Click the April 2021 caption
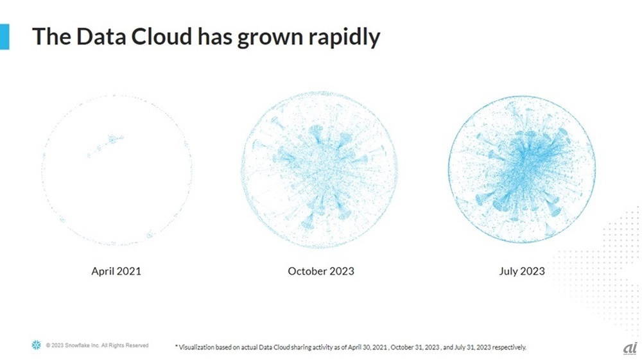tap(116, 271)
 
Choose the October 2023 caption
tap(321, 271)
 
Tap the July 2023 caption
tap(522, 271)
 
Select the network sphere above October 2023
tap(319, 169)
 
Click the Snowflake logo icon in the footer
tap(36, 346)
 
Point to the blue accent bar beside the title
tap(4, 37)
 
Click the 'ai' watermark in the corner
tap(629, 347)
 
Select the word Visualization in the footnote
tap(198, 347)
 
